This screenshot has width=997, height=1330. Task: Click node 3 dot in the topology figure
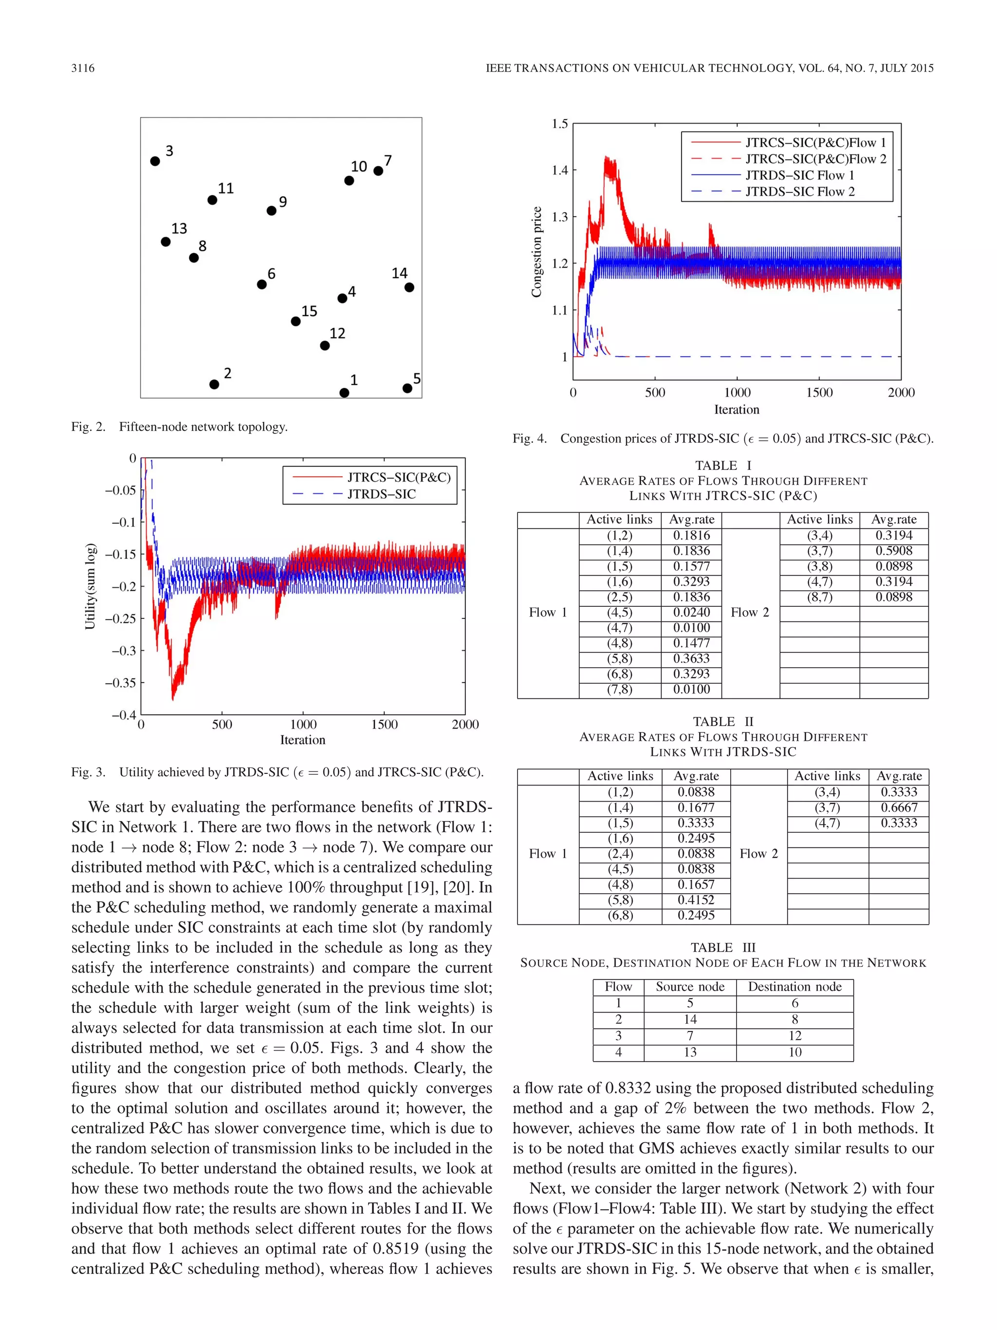coord(155,161)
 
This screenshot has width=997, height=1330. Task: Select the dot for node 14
coord(409,287)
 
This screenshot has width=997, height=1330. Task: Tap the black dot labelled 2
coord(214,384)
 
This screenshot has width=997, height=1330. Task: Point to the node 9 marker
coord(272,210)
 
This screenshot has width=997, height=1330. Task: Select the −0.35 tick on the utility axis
coord(120,682)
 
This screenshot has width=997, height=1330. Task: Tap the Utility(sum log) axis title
coord(90,587)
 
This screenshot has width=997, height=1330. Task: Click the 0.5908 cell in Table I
coord(894,551)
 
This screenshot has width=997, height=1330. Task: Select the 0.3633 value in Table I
coord(691,658)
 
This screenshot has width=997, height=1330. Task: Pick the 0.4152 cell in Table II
coord(696,900)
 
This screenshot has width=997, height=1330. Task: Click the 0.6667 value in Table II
coord(899,807)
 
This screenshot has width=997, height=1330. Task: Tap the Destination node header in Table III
coord(794,987)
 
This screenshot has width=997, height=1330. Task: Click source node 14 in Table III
coord(690,1019)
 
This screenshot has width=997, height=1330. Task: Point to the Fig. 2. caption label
coord(88,427)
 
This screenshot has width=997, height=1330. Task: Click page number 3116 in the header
coord(83,68)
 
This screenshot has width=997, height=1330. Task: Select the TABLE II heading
coord(723,722)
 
